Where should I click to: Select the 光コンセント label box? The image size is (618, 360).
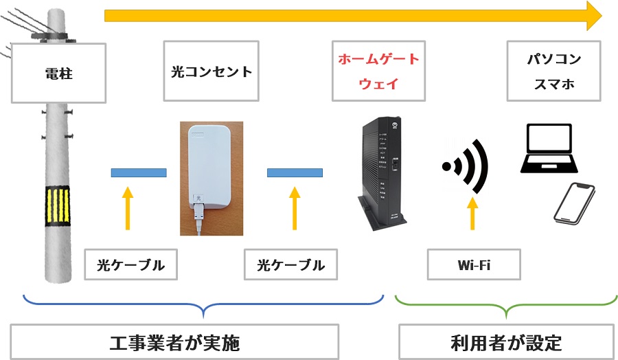click(x=211, y=71)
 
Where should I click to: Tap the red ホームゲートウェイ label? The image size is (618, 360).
click(x=378, y=71)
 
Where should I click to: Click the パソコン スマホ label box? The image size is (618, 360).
click(x=553, y=71)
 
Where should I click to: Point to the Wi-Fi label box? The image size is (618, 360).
click(x=473, y=265)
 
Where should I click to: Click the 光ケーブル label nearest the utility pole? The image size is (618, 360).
click(x=130, y=265)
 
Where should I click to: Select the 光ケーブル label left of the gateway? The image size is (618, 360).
click(x=290, y=265)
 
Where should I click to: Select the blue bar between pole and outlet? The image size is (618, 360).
click(x=139, y=172)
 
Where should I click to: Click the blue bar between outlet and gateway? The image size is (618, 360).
click(x=295, y=172)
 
